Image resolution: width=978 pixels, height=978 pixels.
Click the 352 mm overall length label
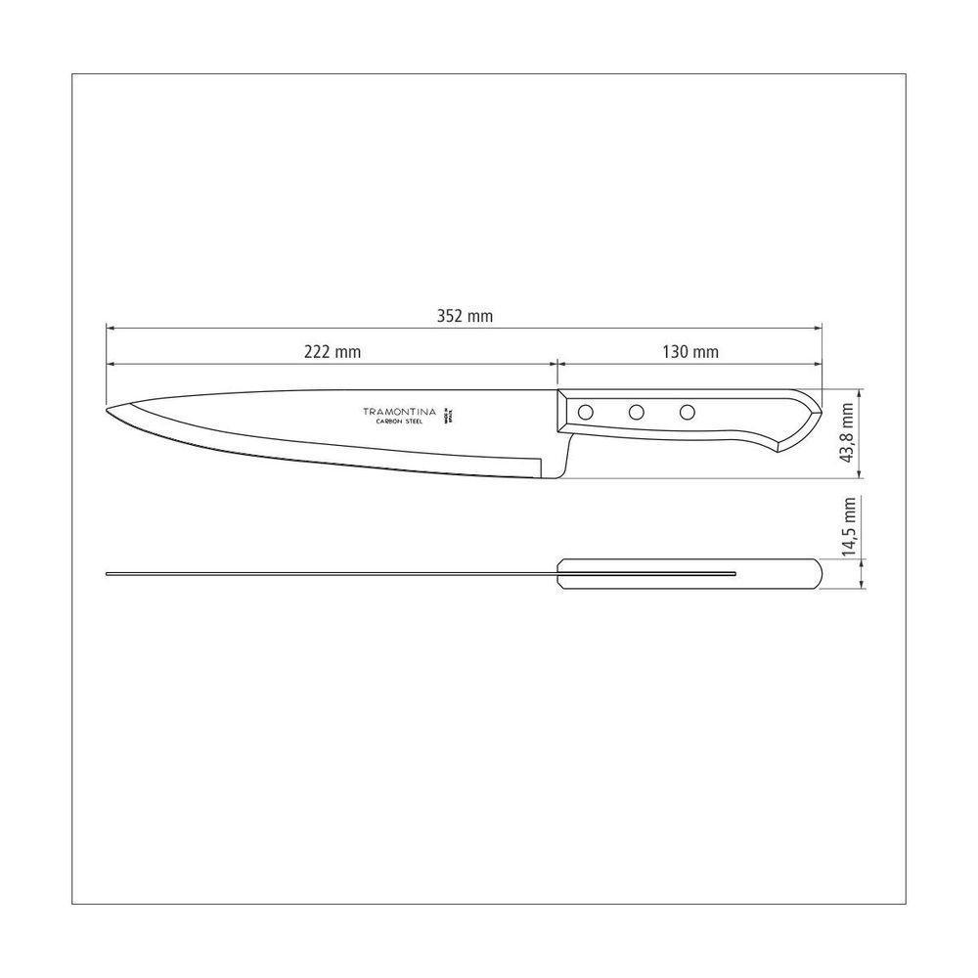click(465, 316)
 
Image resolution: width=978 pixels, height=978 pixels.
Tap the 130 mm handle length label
click(691, 352)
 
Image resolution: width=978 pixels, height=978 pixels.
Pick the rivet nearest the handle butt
click(688, 412)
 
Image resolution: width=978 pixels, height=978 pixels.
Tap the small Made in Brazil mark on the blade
click(452, 413)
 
